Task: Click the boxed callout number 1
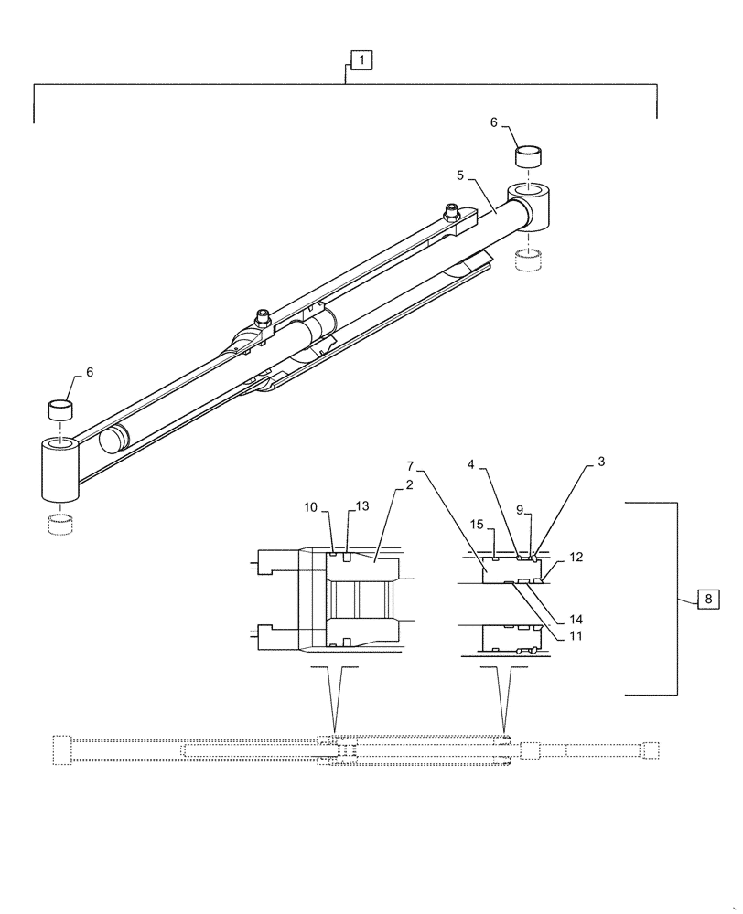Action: pyautogui.click(x=362, y=61)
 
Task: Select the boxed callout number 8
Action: pyautogui.click(x=709, y=600)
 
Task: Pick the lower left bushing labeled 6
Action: pyautogui.click(x=60, y=409)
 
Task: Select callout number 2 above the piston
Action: pyautogui.click(x=409, y=484)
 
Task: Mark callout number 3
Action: pyautogui.click(x=601, y=462)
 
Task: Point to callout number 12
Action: pyautogui.click(x=574, y=556)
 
